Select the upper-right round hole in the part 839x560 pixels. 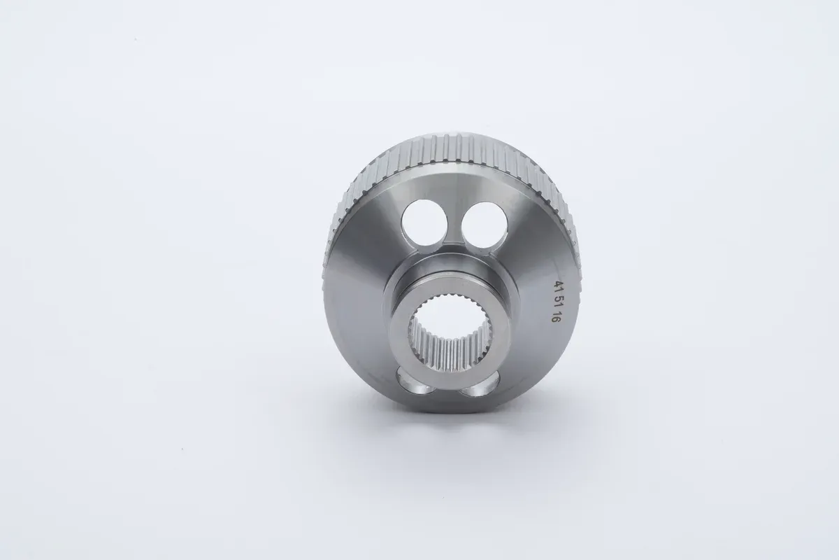485,226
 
